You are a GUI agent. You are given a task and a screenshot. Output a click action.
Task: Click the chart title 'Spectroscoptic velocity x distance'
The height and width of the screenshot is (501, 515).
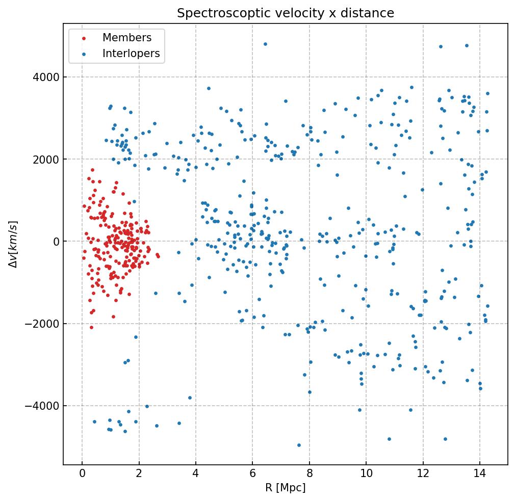pos(286,13)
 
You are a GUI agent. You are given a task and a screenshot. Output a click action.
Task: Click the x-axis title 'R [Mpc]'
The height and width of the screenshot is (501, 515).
pos(285,488)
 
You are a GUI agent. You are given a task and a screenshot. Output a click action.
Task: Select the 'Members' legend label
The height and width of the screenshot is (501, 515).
pos(127,38)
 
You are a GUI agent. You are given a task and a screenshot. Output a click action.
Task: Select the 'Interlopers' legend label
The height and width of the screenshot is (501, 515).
pos(131,54)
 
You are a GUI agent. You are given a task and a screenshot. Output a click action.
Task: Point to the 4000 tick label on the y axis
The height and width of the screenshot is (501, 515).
pos(46,77)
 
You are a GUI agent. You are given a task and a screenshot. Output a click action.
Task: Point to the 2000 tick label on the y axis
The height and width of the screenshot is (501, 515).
pos(46,160)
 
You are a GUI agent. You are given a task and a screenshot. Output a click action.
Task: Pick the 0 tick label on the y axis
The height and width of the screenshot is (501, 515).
pos(57,242)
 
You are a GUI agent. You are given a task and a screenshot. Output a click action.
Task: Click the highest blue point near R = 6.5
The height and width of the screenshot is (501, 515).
pos(265,44)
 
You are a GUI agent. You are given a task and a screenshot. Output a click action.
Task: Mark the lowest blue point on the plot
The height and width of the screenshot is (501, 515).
pos(299,445)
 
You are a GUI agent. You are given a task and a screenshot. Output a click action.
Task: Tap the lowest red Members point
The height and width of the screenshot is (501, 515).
pos(91,327)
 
